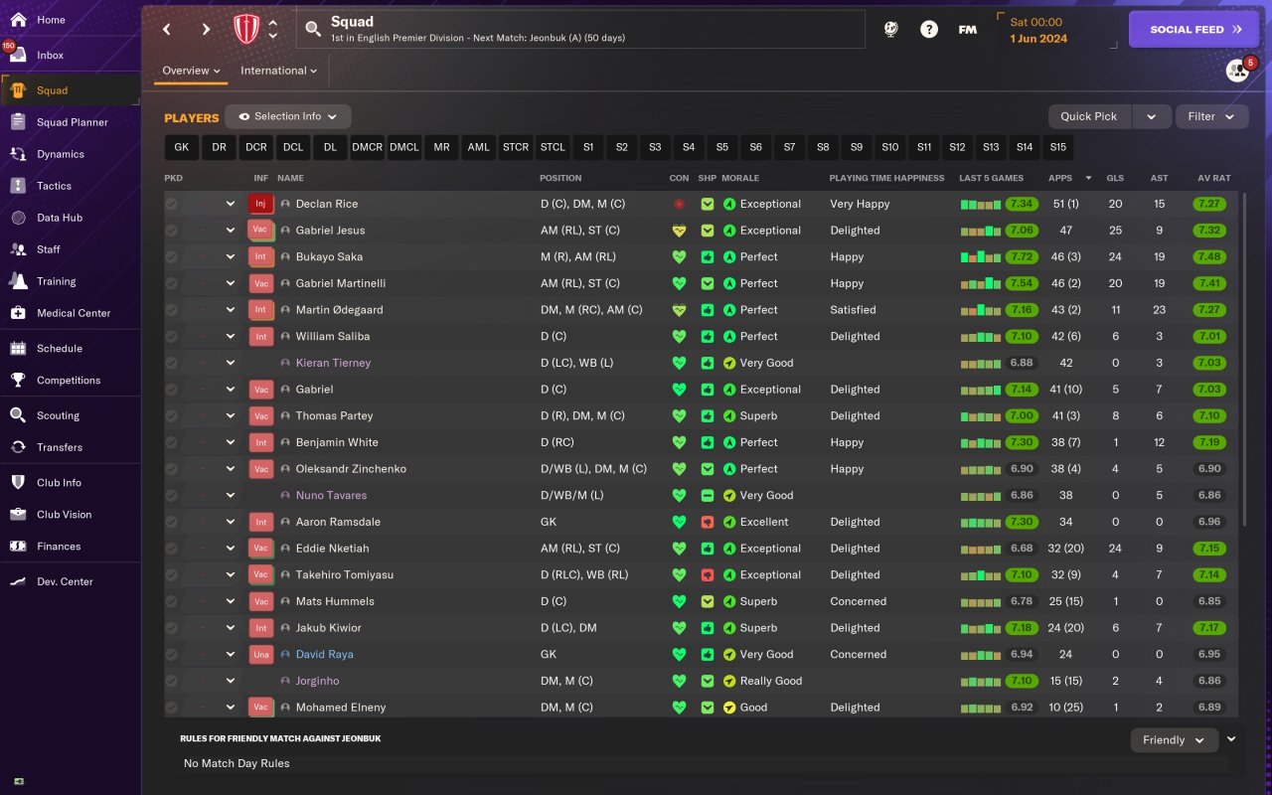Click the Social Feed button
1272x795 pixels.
1194,30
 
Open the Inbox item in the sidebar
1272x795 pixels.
50,56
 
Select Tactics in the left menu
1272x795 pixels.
54,186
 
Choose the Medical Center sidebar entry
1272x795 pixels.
74,313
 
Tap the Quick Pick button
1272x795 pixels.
1089,116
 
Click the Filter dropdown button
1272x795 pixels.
1211,116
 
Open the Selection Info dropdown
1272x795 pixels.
287,116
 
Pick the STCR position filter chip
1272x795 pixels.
516,147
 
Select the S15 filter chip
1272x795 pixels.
1057,147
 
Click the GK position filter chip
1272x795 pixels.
181,147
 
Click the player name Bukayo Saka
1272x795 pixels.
328,256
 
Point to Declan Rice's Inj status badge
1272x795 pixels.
260,204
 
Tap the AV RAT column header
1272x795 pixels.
1213,178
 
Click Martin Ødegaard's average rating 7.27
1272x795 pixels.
1209,310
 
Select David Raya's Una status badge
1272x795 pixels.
260,654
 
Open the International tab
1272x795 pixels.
278,71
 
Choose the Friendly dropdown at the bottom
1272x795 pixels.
1174,740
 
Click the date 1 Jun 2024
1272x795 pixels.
1038,39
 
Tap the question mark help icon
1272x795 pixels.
928,30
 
